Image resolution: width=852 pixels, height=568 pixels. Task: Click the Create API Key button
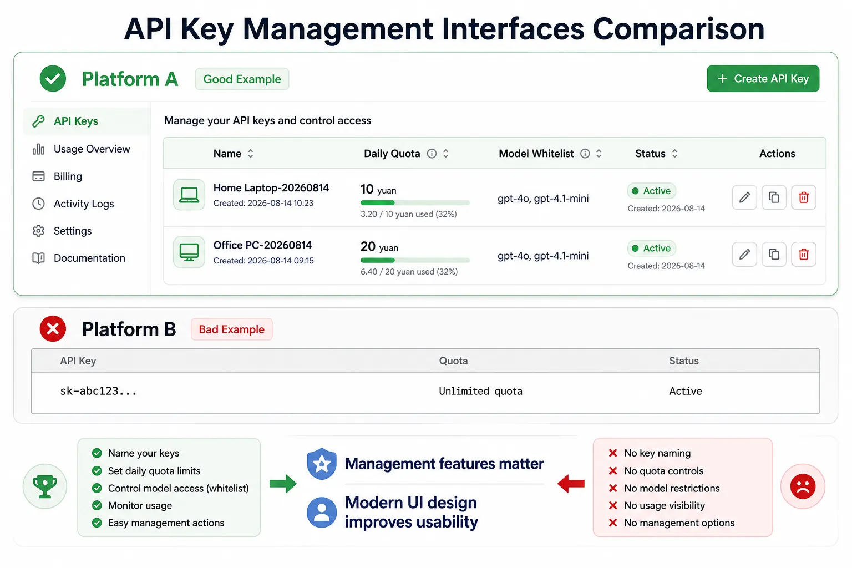click(x=763, y=78)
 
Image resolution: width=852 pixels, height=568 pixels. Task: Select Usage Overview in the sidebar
click(x=81, y=149)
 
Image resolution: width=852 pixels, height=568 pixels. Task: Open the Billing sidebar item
click(x=57, y=176)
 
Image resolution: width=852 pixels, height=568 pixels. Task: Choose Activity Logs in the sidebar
click(x=73, y=204)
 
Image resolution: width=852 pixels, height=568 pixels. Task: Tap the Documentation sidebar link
click(x=79, y=258)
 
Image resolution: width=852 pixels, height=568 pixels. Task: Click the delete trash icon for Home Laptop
click(x=803, y=197)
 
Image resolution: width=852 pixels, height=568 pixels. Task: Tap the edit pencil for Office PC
click(x=744, y=254)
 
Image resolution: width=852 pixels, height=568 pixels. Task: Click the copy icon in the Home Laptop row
click(x=774, y=197)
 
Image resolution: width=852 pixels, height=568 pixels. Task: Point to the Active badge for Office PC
click(x=651, y=248)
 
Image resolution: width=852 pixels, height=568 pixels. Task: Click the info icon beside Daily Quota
click(x=432, y=153)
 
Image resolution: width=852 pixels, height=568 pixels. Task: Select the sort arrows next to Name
click(x=250, y=153)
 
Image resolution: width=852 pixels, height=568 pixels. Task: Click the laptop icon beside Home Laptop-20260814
click(x=189, y=195)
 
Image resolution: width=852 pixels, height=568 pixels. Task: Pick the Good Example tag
click(x=242, y=79)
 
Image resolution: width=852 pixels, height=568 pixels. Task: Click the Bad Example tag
click(x=232, y=329)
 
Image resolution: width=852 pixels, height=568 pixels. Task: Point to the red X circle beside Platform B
click(x=53, y=329)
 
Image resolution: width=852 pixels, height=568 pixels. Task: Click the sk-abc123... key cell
click(x=98, y=391)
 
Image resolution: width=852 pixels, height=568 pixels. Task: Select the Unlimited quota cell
click(x=480, y=391)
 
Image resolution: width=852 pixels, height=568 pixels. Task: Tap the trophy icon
click(x=45, y=486)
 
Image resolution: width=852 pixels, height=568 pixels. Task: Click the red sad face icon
click(x=803, y=486)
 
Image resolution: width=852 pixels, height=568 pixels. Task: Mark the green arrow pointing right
click(x=283, y=484)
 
